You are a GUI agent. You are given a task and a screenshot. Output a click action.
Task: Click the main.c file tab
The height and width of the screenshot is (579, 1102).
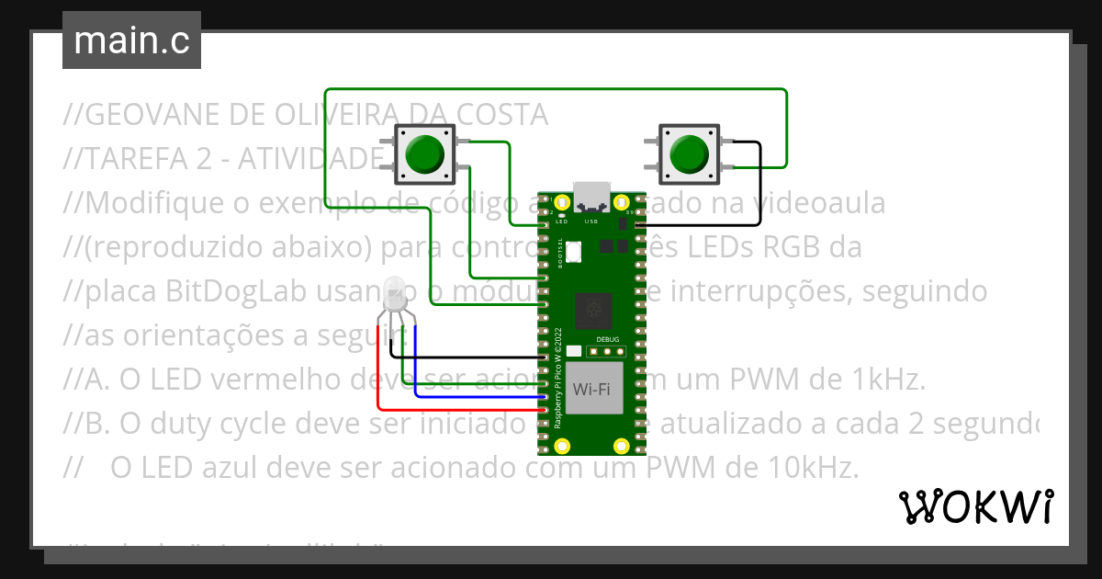tap(131, 41)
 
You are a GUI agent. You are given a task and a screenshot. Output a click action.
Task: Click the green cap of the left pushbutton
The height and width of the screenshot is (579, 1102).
tap(424, 154)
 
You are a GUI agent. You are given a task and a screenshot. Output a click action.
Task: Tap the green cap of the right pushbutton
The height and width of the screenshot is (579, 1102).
tap(689, 153)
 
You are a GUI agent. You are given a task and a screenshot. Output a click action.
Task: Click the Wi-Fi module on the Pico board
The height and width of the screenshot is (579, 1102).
tap(591, 389)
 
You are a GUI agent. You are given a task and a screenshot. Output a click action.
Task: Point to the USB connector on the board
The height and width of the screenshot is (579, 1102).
tap(591, 196)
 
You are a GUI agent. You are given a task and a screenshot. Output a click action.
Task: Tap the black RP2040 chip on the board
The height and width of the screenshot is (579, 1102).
tap(591, 312)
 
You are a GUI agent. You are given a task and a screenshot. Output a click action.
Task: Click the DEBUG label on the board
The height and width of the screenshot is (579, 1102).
tap(608, 339)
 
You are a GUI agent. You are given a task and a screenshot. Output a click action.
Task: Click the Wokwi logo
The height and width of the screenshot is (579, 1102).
tap(975, 506)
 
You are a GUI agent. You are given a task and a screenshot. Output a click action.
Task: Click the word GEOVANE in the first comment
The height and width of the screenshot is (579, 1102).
tap(154, 115)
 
